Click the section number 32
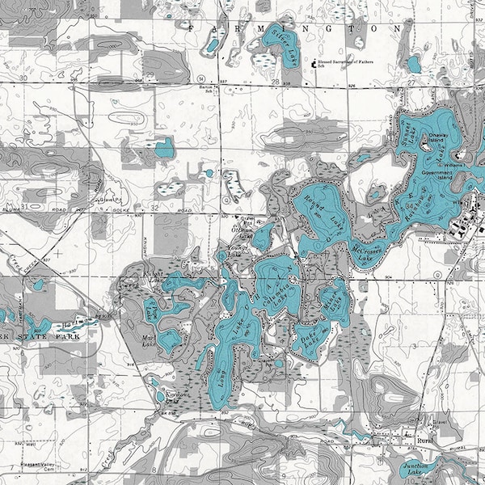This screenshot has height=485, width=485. tap(154, 208)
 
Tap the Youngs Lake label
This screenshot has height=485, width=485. tap(234, 250)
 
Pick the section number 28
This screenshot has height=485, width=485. tap(276, 83)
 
